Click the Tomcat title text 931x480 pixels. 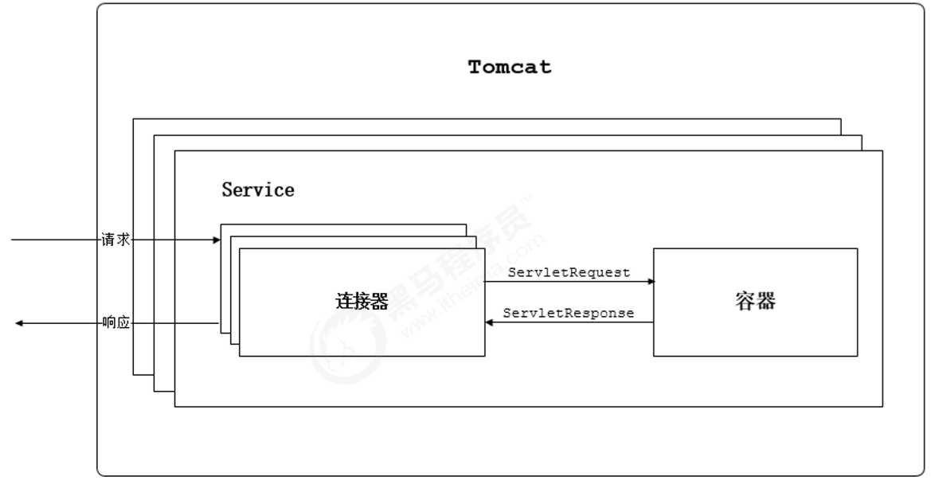[x=510, y=67]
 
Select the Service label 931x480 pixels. [x=258, y=190]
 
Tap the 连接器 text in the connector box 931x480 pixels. [x=362, y=302]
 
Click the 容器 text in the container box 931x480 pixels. [x=755, y=302]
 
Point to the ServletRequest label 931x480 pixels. [x=569, y=272]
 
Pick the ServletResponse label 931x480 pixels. [x=569, y=313]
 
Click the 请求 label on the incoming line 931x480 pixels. [x=115, y=240]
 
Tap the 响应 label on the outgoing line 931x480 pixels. [x=115, y=322]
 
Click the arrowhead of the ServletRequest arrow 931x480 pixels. [x=651, y=282]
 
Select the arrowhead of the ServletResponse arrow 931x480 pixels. [x=489, y=322]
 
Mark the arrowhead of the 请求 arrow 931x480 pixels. [x=216, y=240]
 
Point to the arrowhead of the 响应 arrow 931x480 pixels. [x=19, y=322]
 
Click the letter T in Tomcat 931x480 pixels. [x=475, y=67]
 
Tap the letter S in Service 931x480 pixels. [x=228, y=190]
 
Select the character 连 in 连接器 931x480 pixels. [x=344, y=302]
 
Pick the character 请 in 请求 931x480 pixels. [x=108, y=240]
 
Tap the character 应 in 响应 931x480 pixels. [x=123, y=322]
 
